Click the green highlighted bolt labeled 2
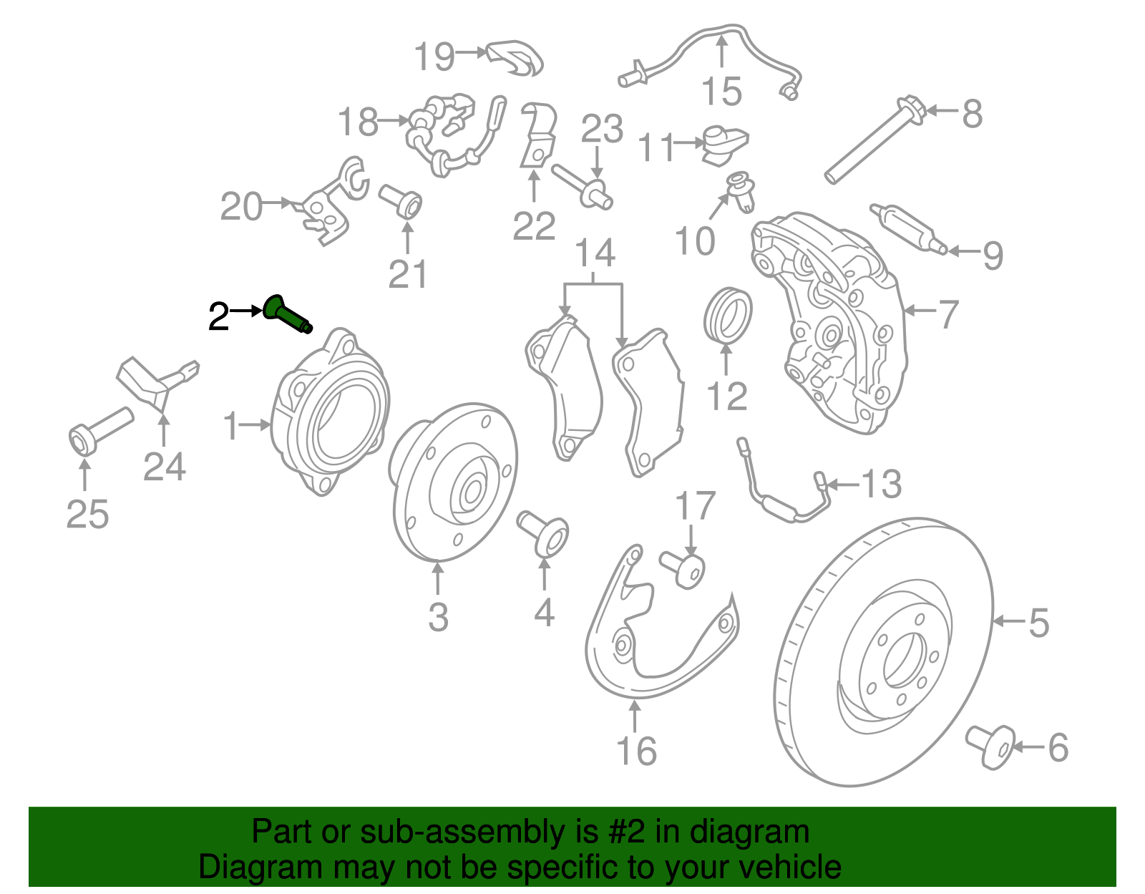[x=287, y=315]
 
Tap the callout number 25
[x=87, y=515]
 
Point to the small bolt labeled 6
[x=991, y=747]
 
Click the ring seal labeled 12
[x=728, y=315]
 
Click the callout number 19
[x=434, y=56]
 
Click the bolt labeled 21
[x=401, y=201]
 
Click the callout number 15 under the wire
[x=721, y=92]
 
